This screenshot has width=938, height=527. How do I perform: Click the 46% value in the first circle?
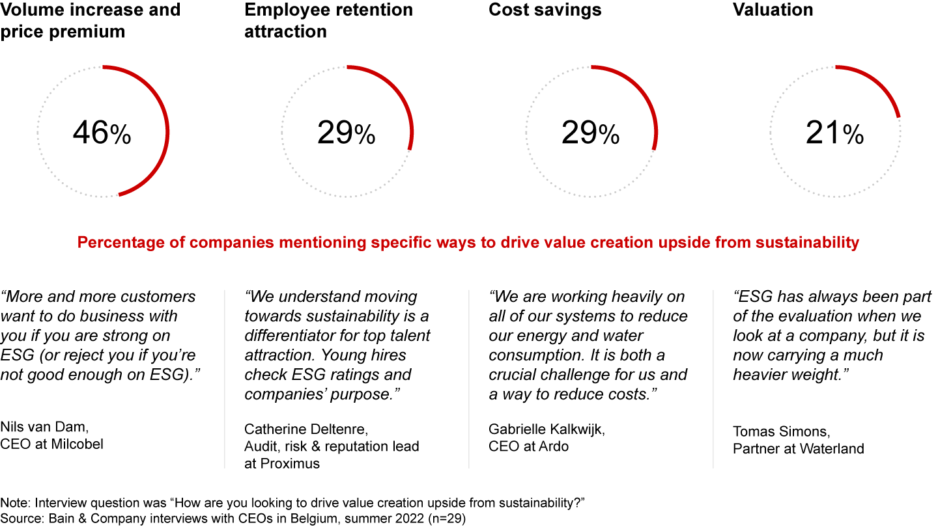coord(102,133)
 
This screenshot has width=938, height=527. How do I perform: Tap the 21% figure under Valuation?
coord(834,133)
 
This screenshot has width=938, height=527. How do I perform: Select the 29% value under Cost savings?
coord(590,133)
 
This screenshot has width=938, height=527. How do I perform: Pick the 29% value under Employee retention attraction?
coord(346,133)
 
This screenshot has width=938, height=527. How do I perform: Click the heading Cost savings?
coord(545,10)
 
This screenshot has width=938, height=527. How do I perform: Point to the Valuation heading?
coord(773,10)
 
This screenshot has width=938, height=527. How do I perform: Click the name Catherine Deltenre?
coord(306,429)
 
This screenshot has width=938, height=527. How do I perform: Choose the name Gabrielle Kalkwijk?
coord(547,429)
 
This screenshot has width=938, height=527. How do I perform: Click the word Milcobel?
coord(77,444)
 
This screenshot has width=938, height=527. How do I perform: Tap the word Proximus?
coord(290,463)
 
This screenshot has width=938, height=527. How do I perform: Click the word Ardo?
coord(554,446)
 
